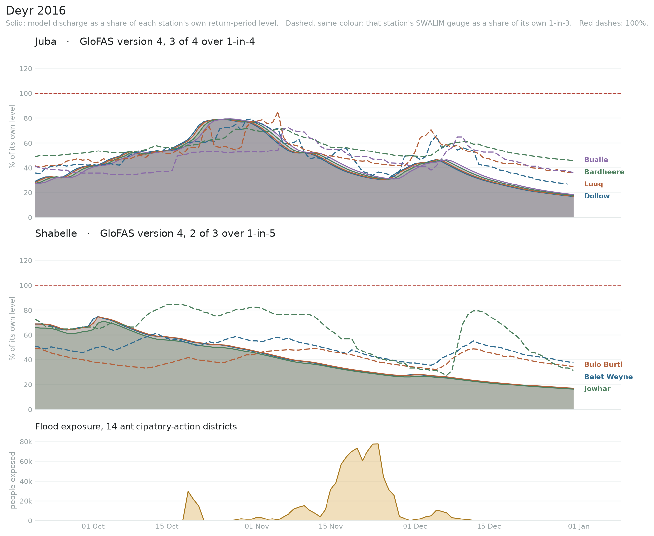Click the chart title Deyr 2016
pos(36,11)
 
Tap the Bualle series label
pos(596,160)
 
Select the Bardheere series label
pos(604,172)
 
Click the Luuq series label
pos(594,184)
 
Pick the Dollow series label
pos(597,196)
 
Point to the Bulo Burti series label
pos(603,364)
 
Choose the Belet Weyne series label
pos(608,377)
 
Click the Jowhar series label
pos(597,389)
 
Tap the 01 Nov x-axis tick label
pos(257,526)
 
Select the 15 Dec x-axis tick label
pos(489,526)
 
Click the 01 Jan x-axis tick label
pos(579,526)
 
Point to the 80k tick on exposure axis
pos(26,442)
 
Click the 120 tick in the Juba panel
pos(26,69)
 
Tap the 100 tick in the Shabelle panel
pos(26,285)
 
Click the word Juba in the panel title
pos(46,42)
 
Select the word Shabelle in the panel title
pos(56,234)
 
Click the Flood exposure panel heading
pos(136,427)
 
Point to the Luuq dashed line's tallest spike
pos(278,112)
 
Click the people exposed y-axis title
pos(13,480)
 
